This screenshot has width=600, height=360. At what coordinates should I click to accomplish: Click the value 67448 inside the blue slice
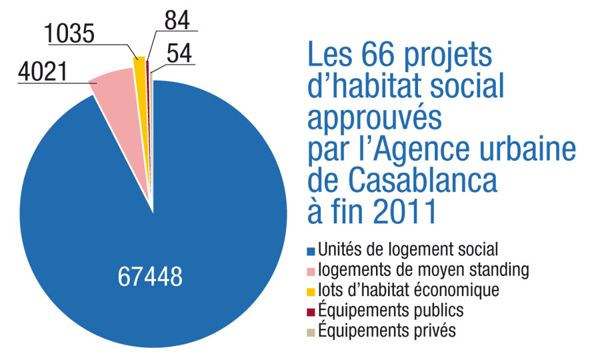point(150,277)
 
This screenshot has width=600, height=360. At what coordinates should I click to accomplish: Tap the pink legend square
point(310,271)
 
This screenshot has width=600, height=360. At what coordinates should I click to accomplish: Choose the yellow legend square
point(310,291)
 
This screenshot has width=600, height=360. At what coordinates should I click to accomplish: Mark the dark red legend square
point(310,311)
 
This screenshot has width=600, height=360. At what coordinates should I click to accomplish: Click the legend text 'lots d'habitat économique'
point(409,291)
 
